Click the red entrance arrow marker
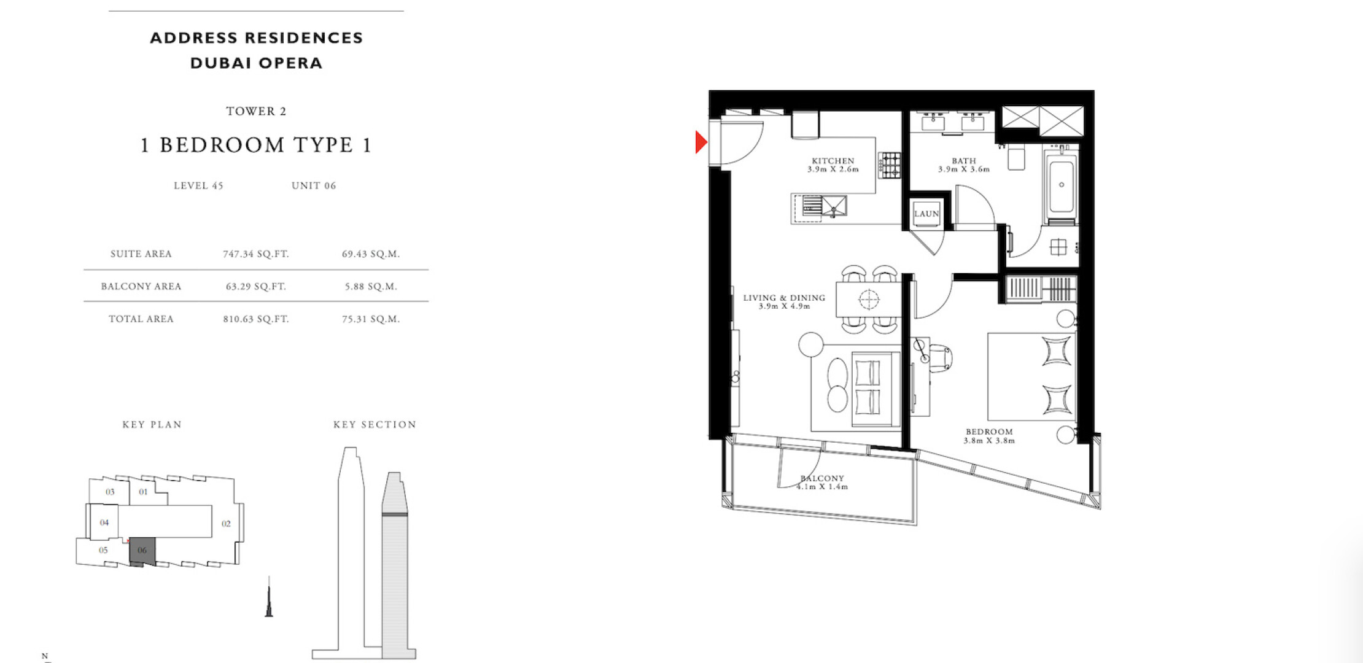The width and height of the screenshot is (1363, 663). (701, 142)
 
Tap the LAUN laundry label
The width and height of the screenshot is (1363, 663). (926, 214)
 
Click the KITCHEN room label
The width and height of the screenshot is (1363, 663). (833, 161)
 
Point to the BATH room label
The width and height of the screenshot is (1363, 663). (963, 161)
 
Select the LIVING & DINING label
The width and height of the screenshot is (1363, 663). (784, 298)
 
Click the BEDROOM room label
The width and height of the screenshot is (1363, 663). (988, 432)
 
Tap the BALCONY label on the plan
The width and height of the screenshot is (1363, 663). (823, 478)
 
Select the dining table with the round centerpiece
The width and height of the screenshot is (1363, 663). (869, 299)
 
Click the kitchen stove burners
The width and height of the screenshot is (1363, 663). (890, 165)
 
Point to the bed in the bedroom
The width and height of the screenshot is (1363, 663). (1031, 376)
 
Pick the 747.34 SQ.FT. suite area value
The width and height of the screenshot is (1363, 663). (256, 254)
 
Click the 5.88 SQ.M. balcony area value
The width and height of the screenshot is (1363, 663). (371, 287)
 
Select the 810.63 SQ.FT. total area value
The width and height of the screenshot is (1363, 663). (256, 319)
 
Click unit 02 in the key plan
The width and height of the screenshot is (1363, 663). (226, 524)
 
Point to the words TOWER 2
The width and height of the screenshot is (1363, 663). (256, 111)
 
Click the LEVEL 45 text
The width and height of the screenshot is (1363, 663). (198, 185)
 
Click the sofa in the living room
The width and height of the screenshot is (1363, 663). (876, 389)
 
